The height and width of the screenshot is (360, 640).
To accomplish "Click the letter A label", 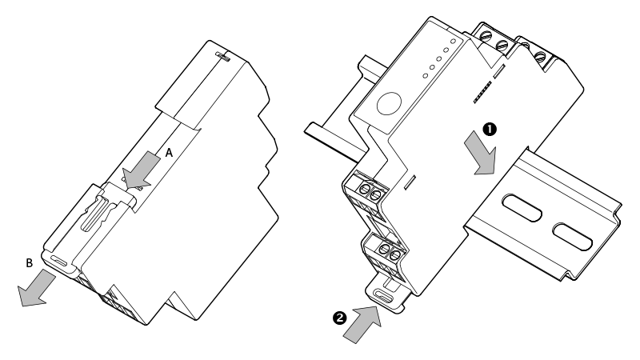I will click(x=169, y=150).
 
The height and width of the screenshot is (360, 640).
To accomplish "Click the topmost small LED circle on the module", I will click(x=454, y=39).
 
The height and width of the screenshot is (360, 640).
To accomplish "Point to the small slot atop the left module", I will click(x=223, y=57).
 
